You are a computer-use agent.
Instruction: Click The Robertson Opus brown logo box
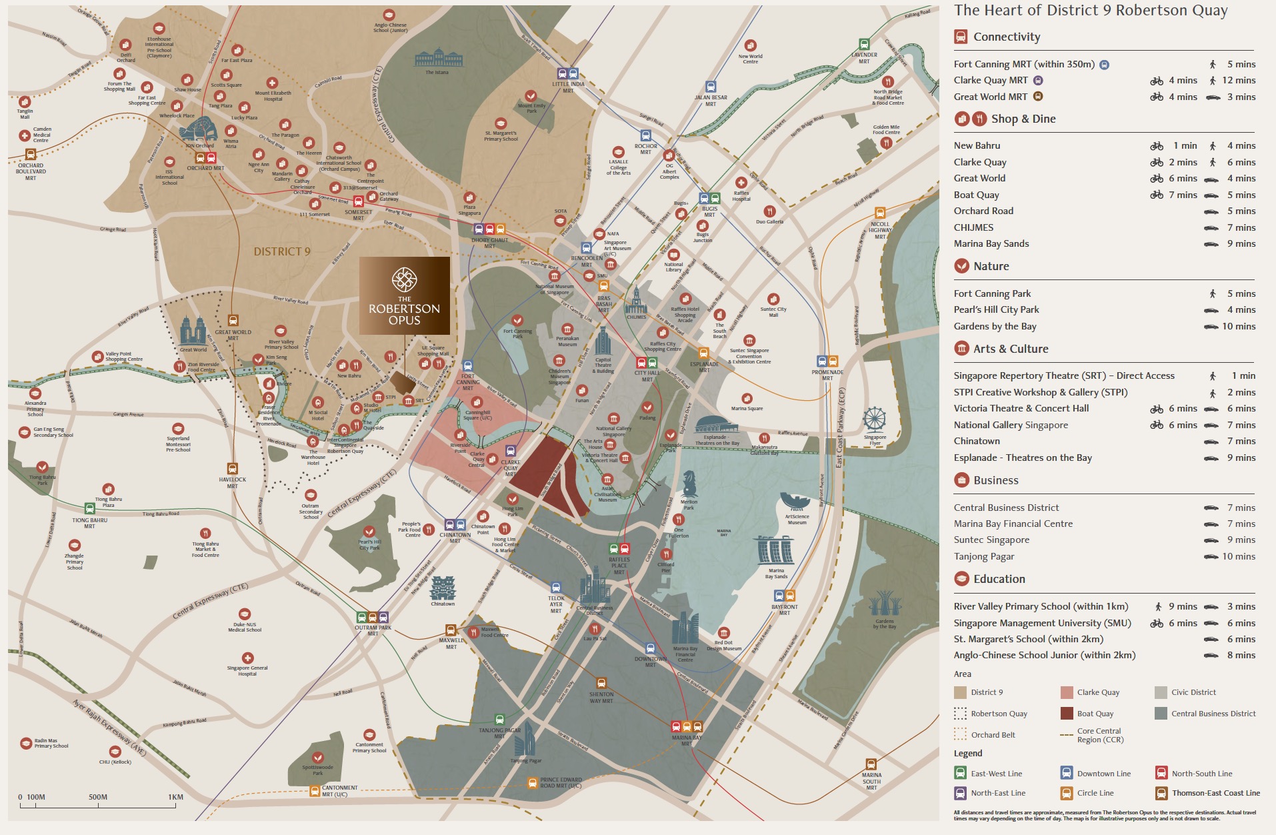404,295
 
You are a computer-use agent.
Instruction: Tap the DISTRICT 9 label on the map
282,251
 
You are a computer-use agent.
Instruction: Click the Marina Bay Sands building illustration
775,550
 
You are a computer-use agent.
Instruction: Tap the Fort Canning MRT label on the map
467,382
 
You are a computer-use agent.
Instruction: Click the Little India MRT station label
567,87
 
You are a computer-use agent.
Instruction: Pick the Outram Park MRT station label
373,630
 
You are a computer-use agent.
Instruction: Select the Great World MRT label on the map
233,335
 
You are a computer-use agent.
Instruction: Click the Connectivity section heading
1006,37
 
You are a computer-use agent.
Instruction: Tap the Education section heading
999,579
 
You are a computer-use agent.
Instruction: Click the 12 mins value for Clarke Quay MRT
1238,81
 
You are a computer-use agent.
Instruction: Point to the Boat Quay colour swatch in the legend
1067,714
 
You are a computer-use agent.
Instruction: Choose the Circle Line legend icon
1067,793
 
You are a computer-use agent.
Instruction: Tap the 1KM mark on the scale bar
175,797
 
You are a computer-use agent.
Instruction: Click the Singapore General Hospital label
247,670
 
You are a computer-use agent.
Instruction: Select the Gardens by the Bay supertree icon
885,605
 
